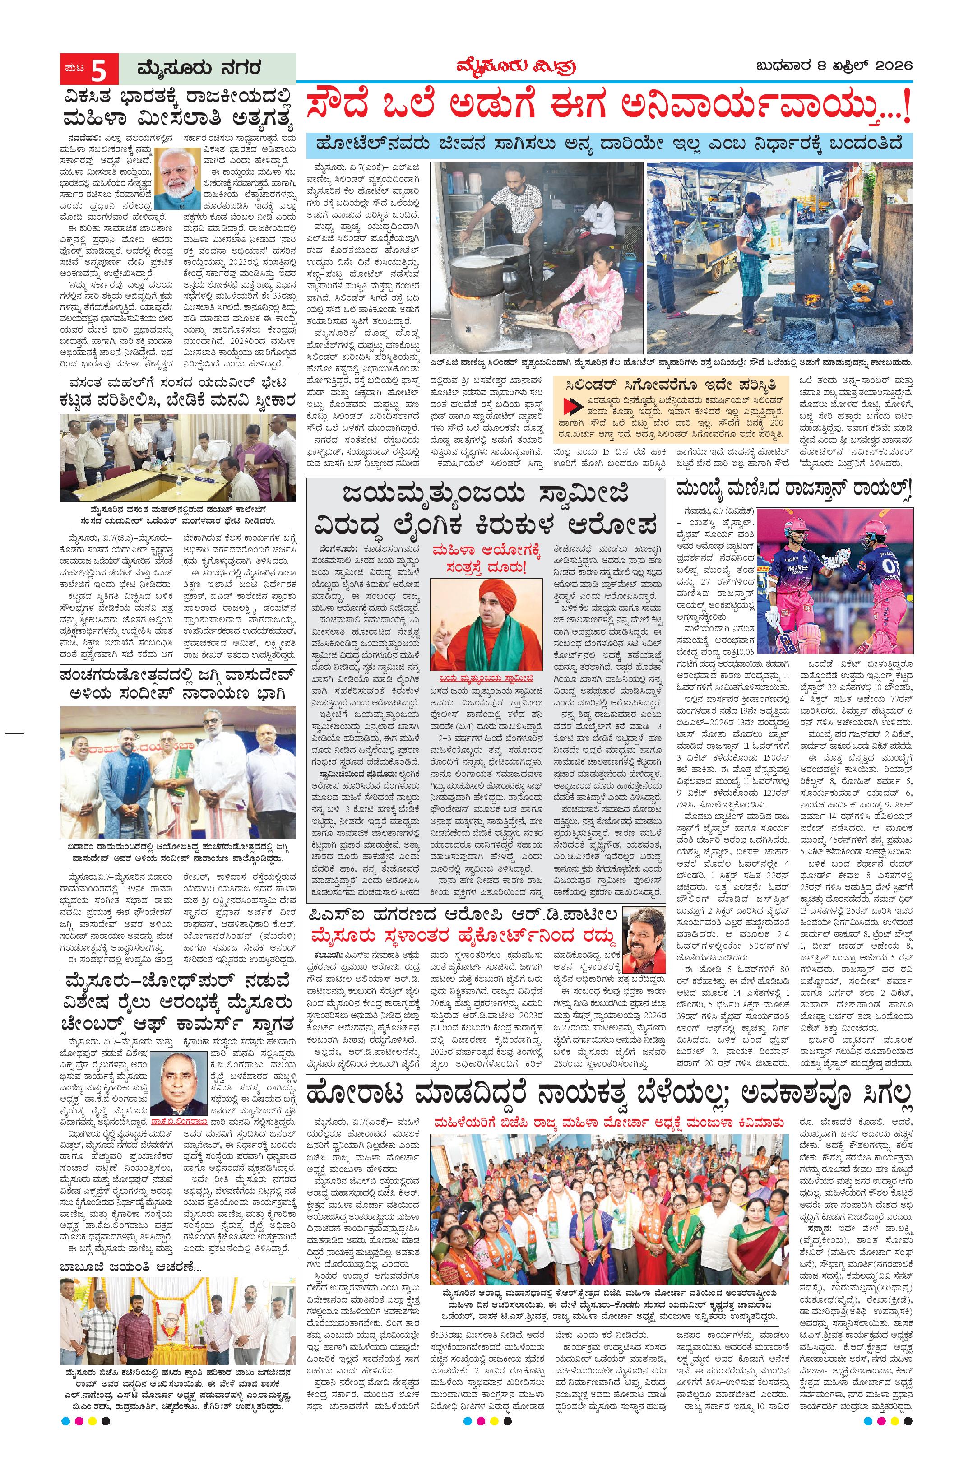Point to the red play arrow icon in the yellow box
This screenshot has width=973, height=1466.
coord(568,407)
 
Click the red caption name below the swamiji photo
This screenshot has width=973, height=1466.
coord(486,679)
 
